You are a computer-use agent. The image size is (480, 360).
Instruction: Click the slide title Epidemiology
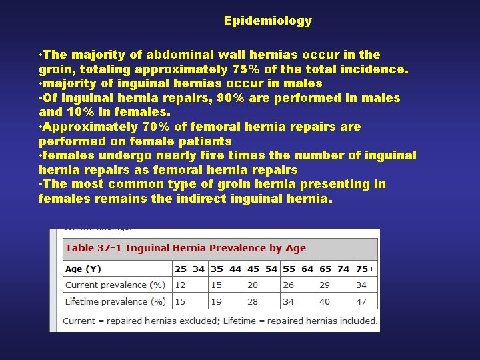click(x=267, y=21)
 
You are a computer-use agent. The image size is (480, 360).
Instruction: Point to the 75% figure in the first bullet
click(x=243, y=69)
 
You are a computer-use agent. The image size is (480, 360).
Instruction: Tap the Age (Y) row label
click(x=83, y=269)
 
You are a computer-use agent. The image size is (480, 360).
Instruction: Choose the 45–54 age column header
click(x=261, y=269)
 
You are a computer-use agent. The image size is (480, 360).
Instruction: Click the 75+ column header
click(x=365, y=269)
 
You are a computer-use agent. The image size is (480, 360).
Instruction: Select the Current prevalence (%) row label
click(x=115, y=285)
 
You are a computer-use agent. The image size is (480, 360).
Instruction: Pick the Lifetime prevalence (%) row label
click(x=115, y=301)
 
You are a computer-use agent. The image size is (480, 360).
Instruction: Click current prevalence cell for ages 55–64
click(x=288, y=285)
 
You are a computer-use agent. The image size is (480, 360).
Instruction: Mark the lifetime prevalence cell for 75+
click(x=361, y=301)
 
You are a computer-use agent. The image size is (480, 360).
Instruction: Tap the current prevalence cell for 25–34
click(x=180, y=285)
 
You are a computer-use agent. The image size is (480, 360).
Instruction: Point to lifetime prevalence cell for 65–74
click(x=325, y=301)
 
